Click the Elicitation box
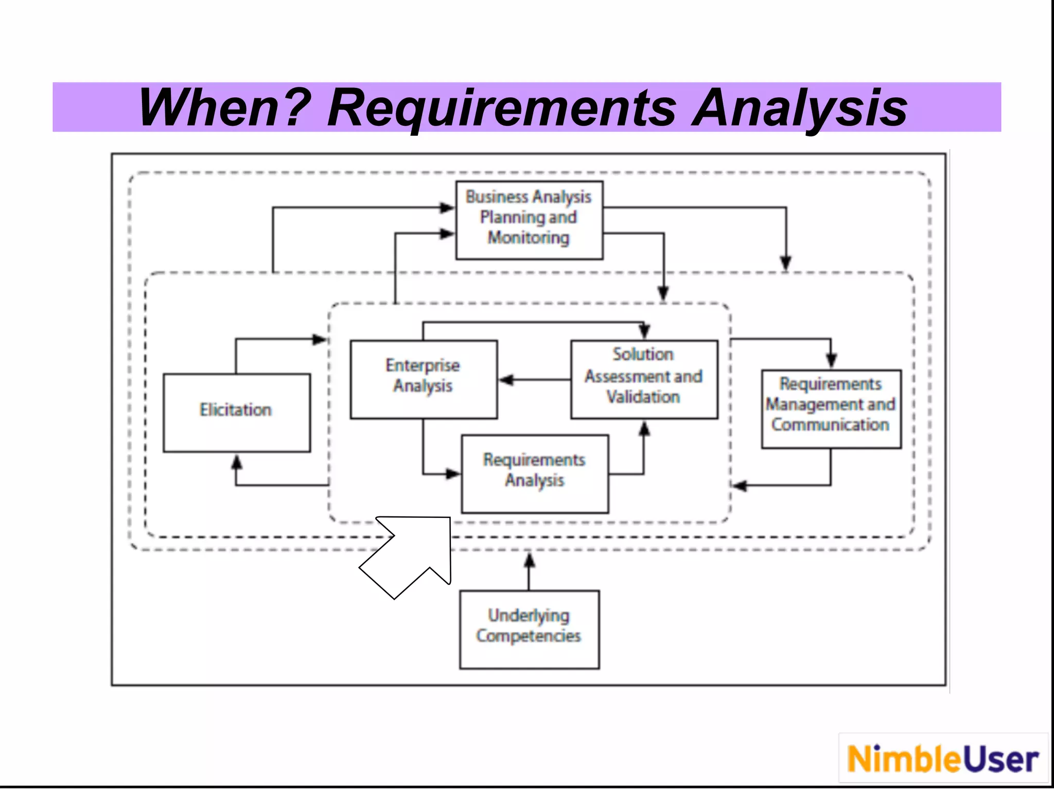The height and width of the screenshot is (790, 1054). coord(237,412)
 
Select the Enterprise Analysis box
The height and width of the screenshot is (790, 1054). coord(424,379)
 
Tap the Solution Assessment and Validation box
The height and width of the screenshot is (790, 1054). coord(644,379)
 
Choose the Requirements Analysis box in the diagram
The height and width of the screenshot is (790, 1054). coord(535,474)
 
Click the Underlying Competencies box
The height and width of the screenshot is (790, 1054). coord(529,629)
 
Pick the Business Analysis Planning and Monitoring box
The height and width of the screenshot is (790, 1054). coord(529,220)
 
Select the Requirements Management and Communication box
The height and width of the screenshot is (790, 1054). coord(831,408)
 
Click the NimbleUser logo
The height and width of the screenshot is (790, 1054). coord(943,759)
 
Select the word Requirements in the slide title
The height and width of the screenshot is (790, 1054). coord(502,107)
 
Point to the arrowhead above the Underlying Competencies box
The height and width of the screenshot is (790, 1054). coord(529,560)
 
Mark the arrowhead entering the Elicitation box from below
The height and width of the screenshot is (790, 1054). coord(236,462)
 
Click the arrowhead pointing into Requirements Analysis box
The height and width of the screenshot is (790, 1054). coord(453,474)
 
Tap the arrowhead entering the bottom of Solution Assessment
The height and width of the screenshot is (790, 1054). coord(644,428)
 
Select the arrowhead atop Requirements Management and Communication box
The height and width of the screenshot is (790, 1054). coord(831,361)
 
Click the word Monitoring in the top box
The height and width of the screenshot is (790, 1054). coord(529,238)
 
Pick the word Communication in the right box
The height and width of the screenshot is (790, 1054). coord(830,425)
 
